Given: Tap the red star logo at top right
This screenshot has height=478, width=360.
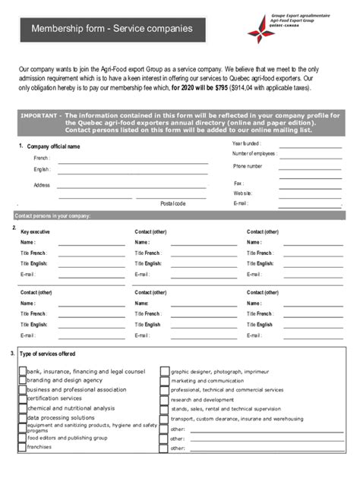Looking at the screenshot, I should pos(261,29).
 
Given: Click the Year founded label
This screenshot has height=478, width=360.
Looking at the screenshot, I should pos(247,143).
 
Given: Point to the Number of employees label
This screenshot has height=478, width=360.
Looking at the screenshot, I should pos(255,153).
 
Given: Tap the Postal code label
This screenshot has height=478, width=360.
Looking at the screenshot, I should pos(172,203).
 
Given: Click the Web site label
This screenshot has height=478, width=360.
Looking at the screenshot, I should pos(243,193).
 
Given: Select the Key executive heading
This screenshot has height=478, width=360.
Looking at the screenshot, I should pos(36,231).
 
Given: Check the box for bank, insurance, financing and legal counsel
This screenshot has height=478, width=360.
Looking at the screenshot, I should pos(22,372).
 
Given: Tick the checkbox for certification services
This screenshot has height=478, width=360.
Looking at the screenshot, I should pos(22,398).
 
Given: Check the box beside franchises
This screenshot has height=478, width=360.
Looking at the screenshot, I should pos(22,447).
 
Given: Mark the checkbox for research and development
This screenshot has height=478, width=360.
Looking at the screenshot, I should pos(164,399).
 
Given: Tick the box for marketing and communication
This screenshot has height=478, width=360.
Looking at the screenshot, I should pos(164,380).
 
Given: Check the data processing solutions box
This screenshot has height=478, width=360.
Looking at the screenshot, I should pos(22,417).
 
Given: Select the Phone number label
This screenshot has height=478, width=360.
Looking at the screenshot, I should pos(248,165).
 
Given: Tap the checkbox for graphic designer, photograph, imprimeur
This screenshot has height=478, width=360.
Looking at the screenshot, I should pos(164,372).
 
